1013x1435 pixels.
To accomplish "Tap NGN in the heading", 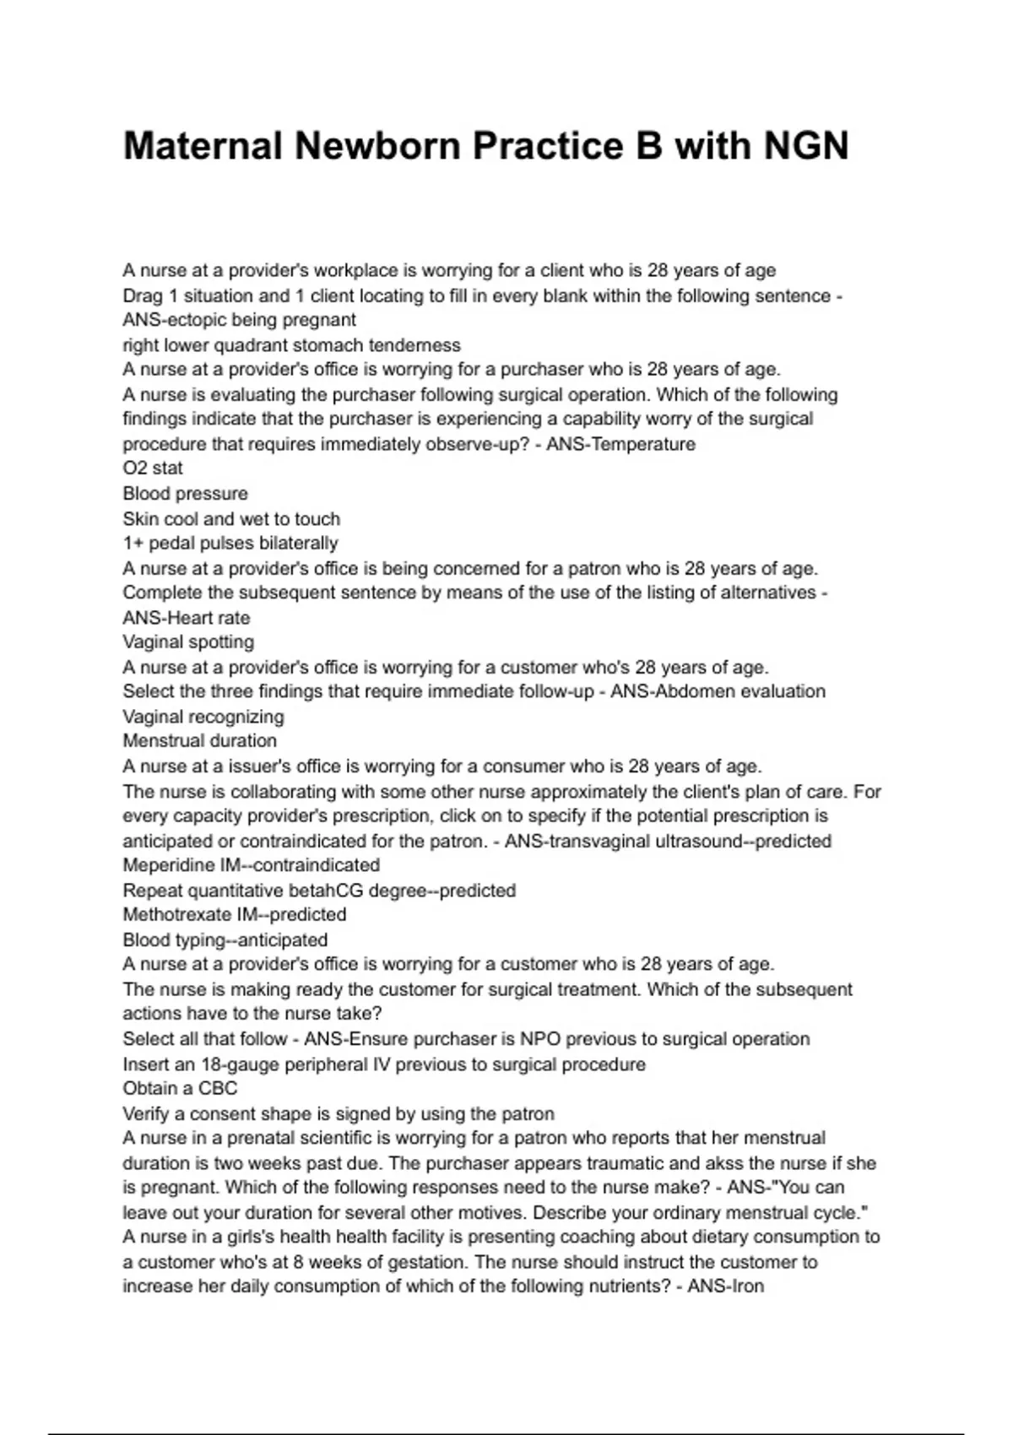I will coord(805,146).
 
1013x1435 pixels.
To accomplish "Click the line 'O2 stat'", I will coord(153,468).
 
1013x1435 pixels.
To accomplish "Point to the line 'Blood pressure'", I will coord(186,493).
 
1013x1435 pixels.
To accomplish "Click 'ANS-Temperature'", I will coord(620,444).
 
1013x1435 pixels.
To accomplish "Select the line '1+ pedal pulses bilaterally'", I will coord(230,543).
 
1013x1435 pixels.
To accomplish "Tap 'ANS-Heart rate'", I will coord(187,617).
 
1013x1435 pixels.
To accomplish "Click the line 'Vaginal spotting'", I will coord(188,642).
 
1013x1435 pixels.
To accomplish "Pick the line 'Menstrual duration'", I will coord(200,740).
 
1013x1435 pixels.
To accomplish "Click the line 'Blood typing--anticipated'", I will coord(225,940).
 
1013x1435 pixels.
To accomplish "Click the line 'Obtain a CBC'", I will coord(180,1088).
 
